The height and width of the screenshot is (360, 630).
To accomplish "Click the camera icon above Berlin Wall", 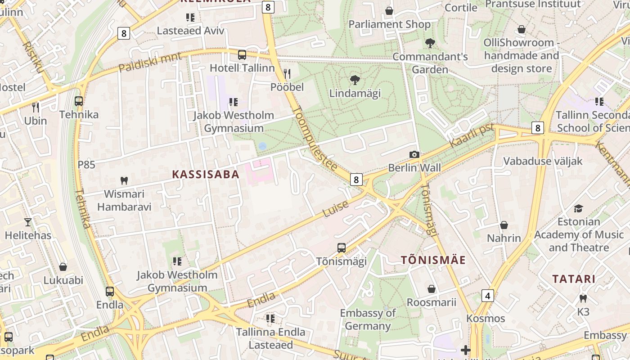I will click(x=414, y=154).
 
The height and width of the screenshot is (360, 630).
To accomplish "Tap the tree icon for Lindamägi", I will click(x=355, y=80).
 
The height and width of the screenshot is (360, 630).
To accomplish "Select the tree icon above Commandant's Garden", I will click(x=430, y=43).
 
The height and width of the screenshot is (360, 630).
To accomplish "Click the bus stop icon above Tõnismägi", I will click(x=342, y=247).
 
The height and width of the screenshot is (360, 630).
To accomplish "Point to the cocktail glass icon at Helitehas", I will click(x=28, y=222).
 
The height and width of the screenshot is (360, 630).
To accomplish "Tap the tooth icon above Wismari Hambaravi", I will click(x=124, y=180).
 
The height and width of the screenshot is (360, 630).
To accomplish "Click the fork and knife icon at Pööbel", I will click(x=287, y=73).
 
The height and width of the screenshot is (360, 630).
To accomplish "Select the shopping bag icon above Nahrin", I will click(x=504, y=225).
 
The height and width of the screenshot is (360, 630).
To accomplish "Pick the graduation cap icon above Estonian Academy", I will click(x=578, y=208).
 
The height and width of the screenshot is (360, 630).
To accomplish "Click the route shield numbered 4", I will click(x=487, y=296).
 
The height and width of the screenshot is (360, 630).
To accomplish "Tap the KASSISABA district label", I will click(x=206, y=175).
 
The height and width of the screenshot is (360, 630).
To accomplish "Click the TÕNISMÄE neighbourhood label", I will click(x=433, y=260).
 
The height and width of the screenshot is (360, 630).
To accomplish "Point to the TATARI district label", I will click(x=574, y=279).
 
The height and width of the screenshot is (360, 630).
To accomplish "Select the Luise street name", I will click(x=336, y=209).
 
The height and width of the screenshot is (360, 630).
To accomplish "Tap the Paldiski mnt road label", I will click(x=150, y=62).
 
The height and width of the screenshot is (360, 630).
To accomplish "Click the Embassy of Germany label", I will click(x=368, y=319).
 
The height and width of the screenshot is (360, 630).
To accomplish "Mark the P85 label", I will click(x=86, y=165).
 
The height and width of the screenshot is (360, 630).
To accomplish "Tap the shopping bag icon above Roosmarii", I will click(x=432, y=289).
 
